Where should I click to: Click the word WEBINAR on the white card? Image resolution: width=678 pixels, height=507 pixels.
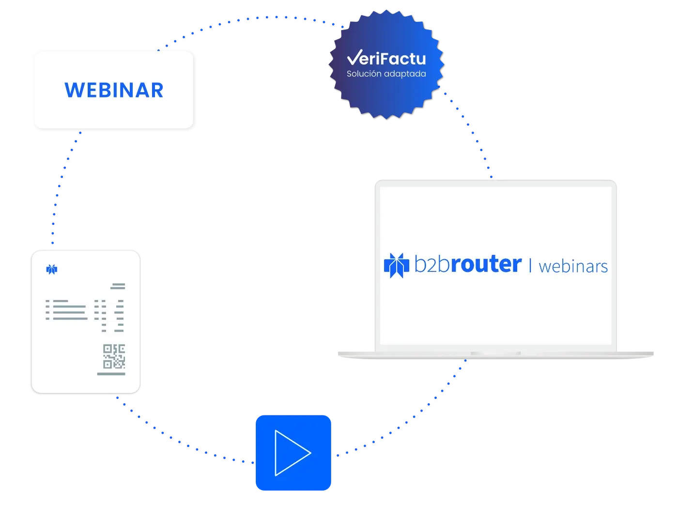[x=113, y=90]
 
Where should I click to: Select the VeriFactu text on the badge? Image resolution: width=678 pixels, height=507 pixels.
[x=386, y=58]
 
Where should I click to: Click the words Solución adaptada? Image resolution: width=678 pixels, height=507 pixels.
[x=386, y=74]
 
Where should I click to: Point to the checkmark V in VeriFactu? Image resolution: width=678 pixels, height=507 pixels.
[x=354, y=57]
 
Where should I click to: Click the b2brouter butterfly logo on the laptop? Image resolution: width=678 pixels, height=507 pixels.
[x=396, y=265]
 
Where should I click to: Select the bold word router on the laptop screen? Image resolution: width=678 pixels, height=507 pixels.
[x=486, y=264]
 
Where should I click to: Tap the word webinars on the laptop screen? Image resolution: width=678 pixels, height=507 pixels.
[x=573, y=267]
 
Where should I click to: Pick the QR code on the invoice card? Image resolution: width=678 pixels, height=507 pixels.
[x=114, y=356]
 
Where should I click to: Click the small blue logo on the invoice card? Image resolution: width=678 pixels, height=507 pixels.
[x=52, y=269]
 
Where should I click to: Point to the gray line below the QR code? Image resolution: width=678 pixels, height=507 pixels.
[x=111, y=374]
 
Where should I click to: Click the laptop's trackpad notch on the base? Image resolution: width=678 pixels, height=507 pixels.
[x=495, y=353]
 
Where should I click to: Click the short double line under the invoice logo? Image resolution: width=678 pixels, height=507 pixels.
[x=118, y=286]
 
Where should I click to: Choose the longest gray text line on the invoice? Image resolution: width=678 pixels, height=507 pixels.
[x=70, y=318]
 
